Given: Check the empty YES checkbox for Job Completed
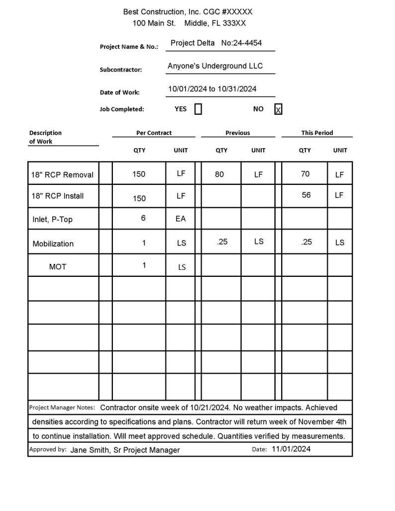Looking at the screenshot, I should [x=198, y=109].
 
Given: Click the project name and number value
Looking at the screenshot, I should [x=216, y=43].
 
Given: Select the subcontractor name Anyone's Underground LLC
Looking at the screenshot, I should [x=215, y=66].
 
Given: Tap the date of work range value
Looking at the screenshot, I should [x=212, y=89].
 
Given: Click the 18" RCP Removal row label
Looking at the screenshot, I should [x=62, y=174].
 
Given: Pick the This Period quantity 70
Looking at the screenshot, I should [x=305, y=173].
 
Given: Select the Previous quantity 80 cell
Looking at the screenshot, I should [x=219, y=174].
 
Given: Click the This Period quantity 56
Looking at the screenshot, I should [x=306, y=195].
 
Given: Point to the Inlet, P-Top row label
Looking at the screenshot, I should [x=52, y=219].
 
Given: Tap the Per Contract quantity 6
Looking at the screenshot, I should [x=143, y=218].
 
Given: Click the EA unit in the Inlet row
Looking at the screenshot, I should [x=181, y=219].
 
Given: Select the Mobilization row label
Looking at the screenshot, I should [x=53, y=244].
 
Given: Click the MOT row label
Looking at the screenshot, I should [x=58, y=267].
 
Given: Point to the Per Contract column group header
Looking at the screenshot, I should [x=154, y=133].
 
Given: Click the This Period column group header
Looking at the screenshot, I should [x=317, y=133].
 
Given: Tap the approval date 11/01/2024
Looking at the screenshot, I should [x=291, y=449].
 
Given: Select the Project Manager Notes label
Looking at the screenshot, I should [x=62, y=408].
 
